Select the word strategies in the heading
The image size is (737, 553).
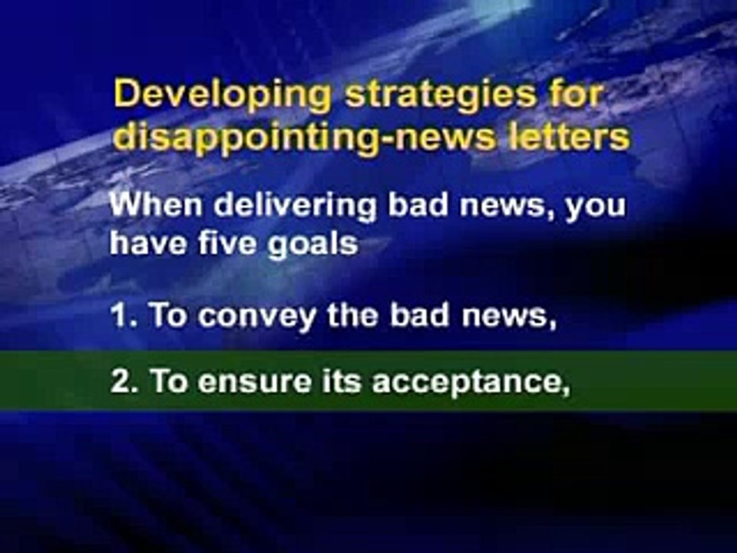tap(441, 94)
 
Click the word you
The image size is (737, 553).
tap(596, 209)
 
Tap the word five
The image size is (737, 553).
tap(227, 243)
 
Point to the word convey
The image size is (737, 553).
tap(256, 317)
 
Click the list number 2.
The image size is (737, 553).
tap(124, 380)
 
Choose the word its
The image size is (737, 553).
tap(341, 380)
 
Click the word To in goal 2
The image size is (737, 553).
tap(168, 380)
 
